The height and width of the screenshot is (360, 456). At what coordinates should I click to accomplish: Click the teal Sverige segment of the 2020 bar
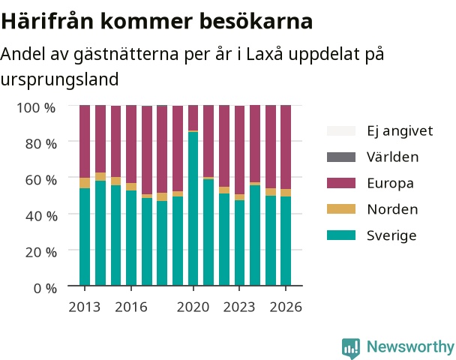click(x=193, y=208)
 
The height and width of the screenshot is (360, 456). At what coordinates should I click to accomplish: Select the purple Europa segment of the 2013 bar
click(x=85, y=141)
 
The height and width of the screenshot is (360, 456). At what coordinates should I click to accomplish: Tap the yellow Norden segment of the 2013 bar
click(x=85, y=183)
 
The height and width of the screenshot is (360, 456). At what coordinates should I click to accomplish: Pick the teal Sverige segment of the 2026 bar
click(x=286, y=241)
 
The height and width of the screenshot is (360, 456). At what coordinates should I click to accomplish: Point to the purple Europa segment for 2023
click(x=239, y=150)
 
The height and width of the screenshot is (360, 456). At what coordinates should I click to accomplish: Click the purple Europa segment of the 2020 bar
click(x=193, y=118)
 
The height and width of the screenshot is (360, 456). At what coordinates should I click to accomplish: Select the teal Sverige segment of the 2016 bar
click(x=131, y=238)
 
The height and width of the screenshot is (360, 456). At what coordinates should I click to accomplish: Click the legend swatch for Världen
click(x=341, y=157)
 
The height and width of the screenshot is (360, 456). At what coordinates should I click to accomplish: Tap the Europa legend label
click(x=390, y=183)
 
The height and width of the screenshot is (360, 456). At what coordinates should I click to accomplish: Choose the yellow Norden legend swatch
click(x=341, y=209)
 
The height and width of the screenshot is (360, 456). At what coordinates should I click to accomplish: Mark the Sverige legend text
click(x=391, y=235)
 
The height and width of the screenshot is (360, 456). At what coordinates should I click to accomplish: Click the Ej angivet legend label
click(x=400, y=131)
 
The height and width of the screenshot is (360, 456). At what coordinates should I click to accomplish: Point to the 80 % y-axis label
click(x=41, y=144)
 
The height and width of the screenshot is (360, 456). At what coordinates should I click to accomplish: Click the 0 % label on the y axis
click(x=45, y=289)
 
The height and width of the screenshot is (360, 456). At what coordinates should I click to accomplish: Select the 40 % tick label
click(x=41, y=216)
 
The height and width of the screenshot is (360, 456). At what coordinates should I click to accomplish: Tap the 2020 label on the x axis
click(x=193, y=307)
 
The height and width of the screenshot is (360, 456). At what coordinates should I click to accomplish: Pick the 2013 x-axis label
click(x=84, y=307)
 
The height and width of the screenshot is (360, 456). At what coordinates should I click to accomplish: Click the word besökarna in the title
click(x=256, y=22)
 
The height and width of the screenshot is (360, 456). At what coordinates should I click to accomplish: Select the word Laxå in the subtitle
click(x=264, y=53)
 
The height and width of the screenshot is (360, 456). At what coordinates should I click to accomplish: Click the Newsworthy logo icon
click(x=351, y=348)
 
